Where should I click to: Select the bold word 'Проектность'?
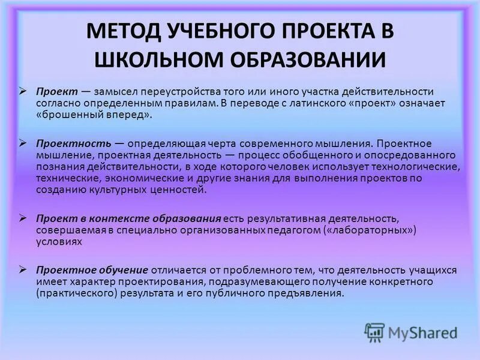[74, 145]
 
